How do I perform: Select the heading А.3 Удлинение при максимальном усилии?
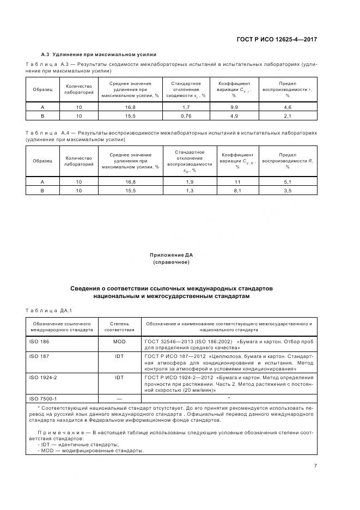click(99, 54)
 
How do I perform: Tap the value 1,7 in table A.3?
click(186, 107)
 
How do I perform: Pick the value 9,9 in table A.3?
click(234, 107)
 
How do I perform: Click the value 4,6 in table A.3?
click(288, 107)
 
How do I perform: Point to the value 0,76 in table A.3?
click(186, 116)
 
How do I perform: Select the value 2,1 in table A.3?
click(288, 116)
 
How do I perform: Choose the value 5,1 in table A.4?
click(288, 181)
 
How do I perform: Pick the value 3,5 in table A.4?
click(288, 190)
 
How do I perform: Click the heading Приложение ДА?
click(172, 255)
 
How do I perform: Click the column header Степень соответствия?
click(119, 326)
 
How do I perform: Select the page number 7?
click(315, 465)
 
